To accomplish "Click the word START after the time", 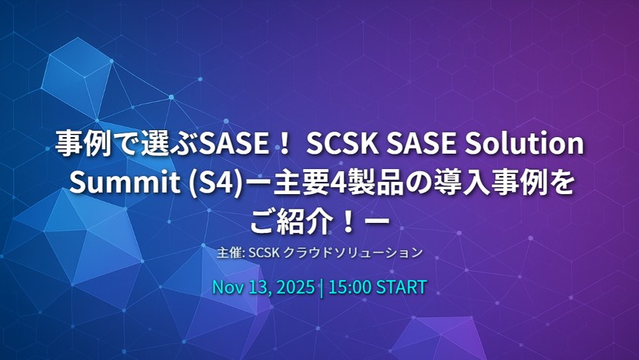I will [x=401, y=288].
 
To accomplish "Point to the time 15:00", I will [x=350, y=288].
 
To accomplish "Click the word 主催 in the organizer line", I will [x=225, y=251].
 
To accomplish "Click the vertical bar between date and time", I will [x=322, y=288].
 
